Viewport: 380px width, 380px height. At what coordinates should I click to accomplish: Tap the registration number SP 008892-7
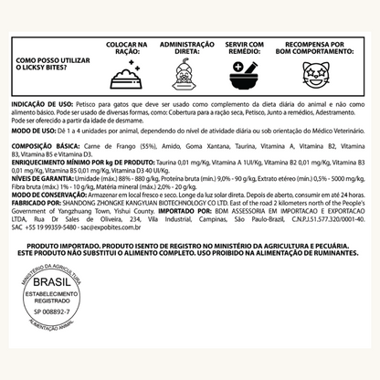click(56, 337)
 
